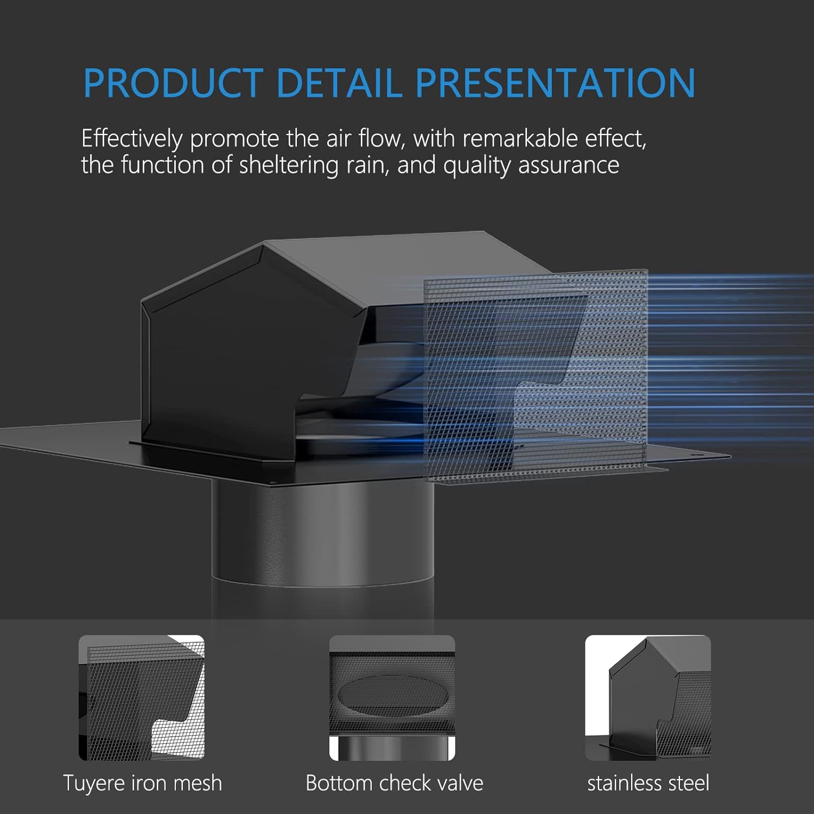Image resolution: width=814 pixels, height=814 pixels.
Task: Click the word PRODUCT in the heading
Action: pyautogui.click(x=173, y=82)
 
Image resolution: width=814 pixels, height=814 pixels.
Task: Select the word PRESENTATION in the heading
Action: pyautogui.click(x=555, y=82)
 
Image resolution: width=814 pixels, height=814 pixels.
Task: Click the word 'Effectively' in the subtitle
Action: pyautogui.click(x=132, y=139)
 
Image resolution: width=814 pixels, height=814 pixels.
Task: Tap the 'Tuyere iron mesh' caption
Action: pyautogui.click(x=142, y=783)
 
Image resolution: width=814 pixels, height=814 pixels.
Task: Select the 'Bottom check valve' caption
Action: pyautogui.click(x=394, y=783)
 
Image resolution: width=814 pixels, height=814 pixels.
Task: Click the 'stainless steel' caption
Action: pyautogui.click(x=648, y=783)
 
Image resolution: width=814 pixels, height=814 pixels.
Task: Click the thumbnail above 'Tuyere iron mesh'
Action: pyautogui.click(x=142, y=698)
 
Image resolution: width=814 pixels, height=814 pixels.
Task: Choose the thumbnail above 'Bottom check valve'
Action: pyautogui.click(x=392, y=698)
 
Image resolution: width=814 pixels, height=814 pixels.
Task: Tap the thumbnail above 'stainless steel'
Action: pyautogui.click(x=647, y=698)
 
